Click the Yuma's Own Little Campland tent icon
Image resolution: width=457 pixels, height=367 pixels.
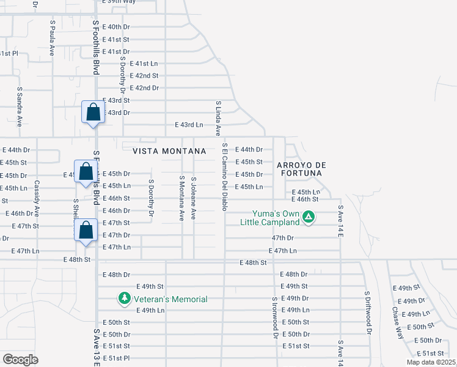tap(310, 217)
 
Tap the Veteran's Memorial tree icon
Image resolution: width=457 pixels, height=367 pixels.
tap(125, 298)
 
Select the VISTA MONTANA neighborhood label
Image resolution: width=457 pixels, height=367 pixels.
tap(164, 150)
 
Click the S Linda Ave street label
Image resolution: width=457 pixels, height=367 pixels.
tap(218, 118)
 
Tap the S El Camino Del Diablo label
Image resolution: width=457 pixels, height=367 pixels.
tap(225, 177)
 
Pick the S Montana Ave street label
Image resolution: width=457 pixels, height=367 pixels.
tap(181, 198)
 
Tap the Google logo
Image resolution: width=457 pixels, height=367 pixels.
tap(20, 360)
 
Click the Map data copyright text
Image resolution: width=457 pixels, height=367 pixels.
tap(431, 362)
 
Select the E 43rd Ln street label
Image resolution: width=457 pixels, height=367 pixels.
tap(189, 125)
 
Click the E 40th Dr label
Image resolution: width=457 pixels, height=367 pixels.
tap(116, 27)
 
